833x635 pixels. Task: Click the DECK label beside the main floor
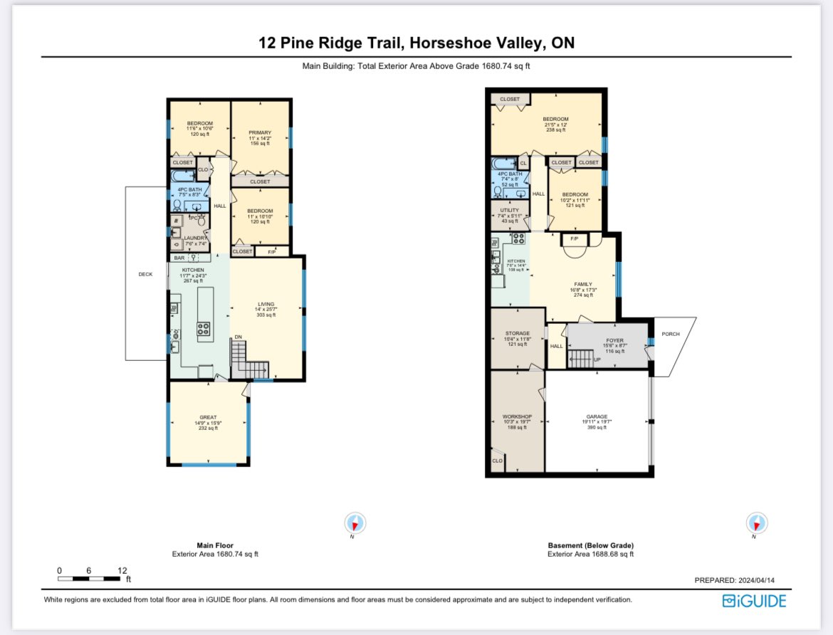[146, 273]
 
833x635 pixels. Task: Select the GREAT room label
[208, 417]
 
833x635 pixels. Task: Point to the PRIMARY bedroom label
[260, 132]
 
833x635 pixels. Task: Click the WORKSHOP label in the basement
[517, 416]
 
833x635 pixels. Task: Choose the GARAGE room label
[597, 416]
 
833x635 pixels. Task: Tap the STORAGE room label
[518, 333]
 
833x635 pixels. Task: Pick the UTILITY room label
[510, 210]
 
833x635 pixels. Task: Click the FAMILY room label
[583, 284]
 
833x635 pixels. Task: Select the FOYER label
[615, 340]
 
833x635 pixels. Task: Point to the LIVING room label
[266, 304]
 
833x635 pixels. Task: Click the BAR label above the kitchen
[179, 257]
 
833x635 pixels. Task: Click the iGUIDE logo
[754, 601]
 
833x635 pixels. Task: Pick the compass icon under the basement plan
[756, 523]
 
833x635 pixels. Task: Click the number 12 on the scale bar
[122, 570]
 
